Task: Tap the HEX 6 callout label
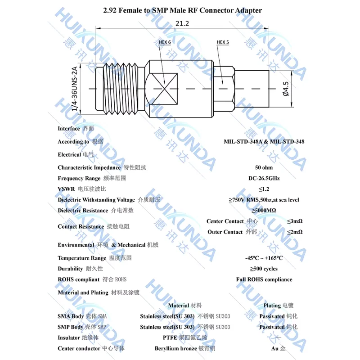165,42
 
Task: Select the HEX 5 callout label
223,42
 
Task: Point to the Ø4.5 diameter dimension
285,88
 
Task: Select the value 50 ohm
264,167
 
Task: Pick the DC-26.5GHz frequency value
264,178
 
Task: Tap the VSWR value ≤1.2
264,189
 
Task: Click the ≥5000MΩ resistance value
264,210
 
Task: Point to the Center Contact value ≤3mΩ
295,221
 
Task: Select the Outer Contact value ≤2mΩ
295,232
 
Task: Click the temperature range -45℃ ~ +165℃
264,258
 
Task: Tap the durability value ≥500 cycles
264,269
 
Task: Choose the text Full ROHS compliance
264,279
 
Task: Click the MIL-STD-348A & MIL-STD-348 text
264,141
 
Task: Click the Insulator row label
69,337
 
